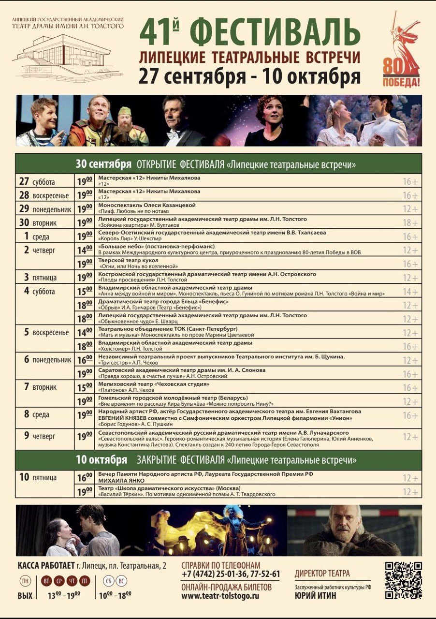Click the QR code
pyautogui.click(x=404, y=580)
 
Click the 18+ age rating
pyautogui.click(x=411, y=223)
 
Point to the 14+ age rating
pyautogui.click(x=411, y=292)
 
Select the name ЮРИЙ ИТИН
pyautogui.click(x=315, y=596)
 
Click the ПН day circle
pyautogui.click(x=25, y=581)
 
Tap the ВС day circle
pyautogui.click(x=123, y=581)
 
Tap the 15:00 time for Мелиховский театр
pyautogui.click(x=85, y=387)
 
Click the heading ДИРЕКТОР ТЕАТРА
pyautogui.click(x=322, y=574)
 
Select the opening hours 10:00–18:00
pyautogui.click(x=115, y=595)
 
